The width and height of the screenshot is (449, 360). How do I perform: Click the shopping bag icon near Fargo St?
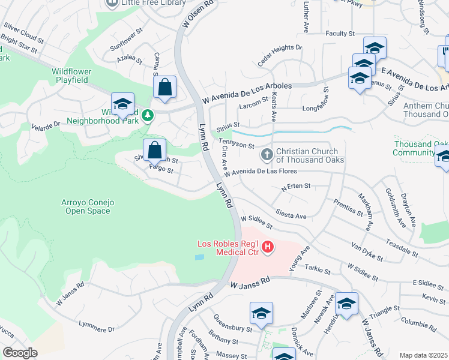tap(154, 149)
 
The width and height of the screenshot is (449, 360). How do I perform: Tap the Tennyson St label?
tap(237, 145)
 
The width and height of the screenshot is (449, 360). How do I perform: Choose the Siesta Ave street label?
tap(291, 214)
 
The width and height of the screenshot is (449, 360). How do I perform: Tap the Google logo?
tap(20, 352)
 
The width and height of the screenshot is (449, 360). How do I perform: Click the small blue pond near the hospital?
tap(199, 257)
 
